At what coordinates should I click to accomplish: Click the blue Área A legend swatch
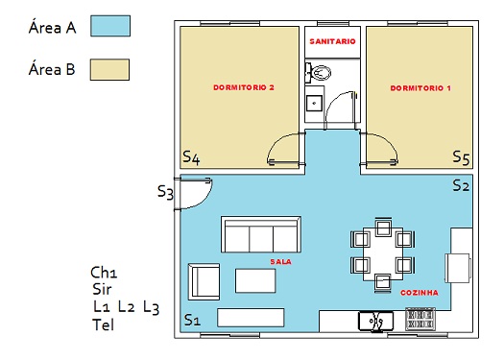(x=110, y=26)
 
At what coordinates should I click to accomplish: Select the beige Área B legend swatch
(x=109, y=69)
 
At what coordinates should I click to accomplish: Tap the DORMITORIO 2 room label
(x=244, y=87)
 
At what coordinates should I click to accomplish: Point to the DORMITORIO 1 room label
(x=420, y=88)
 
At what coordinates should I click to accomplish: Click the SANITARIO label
(x=332, y=41)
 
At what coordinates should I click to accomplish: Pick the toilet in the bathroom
(x=318, y=72)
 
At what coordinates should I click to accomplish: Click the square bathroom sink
(x=314, y=103)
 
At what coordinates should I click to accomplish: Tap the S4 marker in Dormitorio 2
(x=191, y=157)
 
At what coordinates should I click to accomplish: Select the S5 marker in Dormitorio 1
(x=461, y=157)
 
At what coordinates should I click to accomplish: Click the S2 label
(x=461, y=185)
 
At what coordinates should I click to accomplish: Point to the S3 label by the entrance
(x=165, y=192)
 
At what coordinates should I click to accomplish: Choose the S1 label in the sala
(x=192, y=320)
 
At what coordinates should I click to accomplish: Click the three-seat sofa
(x=261, y=234)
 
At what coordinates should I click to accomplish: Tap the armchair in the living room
(x=204, y=282)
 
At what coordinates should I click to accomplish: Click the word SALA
(x=281, y=262)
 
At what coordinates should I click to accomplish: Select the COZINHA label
(x=420, y=293)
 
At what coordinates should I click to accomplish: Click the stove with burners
(x=420, y=319)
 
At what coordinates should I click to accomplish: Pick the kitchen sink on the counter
(x=375, y=321)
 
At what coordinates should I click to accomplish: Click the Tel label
(x=103, y=324)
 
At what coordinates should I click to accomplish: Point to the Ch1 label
(x=104, y=273)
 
